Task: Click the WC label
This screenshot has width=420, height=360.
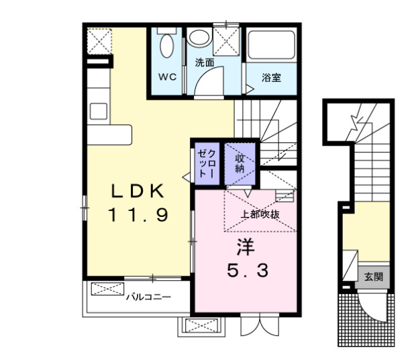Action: (x=167, y=77)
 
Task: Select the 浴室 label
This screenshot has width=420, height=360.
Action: (x=271, y=77)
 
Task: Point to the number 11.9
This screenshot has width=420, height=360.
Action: (x=138, y=215)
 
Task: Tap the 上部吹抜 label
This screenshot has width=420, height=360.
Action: (x=260, y=215)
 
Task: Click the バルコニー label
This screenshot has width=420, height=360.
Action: (x=148, y=296)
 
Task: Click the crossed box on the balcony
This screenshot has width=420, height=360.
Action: (x=103, y=289)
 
